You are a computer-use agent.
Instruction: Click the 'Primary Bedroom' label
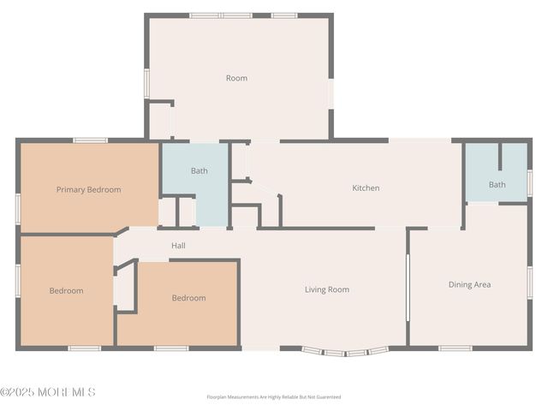pyautogui.click(x=88, y=189)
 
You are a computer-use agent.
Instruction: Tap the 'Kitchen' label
pyautogui.click(x=366, y=188)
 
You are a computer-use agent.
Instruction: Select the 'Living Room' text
pyautogui.click(x=327, y=289)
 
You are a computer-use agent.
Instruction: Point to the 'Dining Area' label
pyautogui.click(x=469, y=284)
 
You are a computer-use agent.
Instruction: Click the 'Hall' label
pyautogui.click(x=178, y=246)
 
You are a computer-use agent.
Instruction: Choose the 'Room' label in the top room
pyautogui.click(x=236, y=78)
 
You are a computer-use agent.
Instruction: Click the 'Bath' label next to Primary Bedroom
pyautogui.click(x=199, y=170)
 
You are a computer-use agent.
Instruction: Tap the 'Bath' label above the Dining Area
pyautogui.click(x=497, y=184)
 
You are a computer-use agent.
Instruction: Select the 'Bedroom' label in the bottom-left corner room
pyautogui.click(x=66, y=290)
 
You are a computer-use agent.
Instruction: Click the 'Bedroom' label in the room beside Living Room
pyautogui.click(x=188, y=298)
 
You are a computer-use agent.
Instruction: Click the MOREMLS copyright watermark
pyautogui.click(x=48, y=392)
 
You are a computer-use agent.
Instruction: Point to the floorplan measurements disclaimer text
pyautogui.click(x=273, y=397)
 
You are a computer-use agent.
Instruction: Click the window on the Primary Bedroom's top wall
pyautogui.click(x=90, y=140)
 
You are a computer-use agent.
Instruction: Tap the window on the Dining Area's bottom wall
pyautogui.click(x=456, y=348)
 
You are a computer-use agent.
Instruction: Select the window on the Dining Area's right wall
pyautogui.click(x=530, y=283)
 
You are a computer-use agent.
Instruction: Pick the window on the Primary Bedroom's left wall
pyautogui.click(x=18, y=208)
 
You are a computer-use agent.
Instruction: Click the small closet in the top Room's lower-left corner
pyautogui.click(x=160, y=121)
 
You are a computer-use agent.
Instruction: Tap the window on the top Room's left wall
pyautogui.click(x=146, y=83)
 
